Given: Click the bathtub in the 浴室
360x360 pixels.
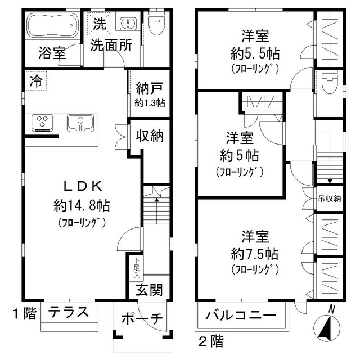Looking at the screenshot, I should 52,26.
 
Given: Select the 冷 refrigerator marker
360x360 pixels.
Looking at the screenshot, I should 37,80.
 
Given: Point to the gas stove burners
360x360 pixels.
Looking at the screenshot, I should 43,123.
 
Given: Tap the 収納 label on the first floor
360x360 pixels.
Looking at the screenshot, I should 150,136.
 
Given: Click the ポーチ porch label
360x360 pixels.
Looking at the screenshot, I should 142,319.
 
